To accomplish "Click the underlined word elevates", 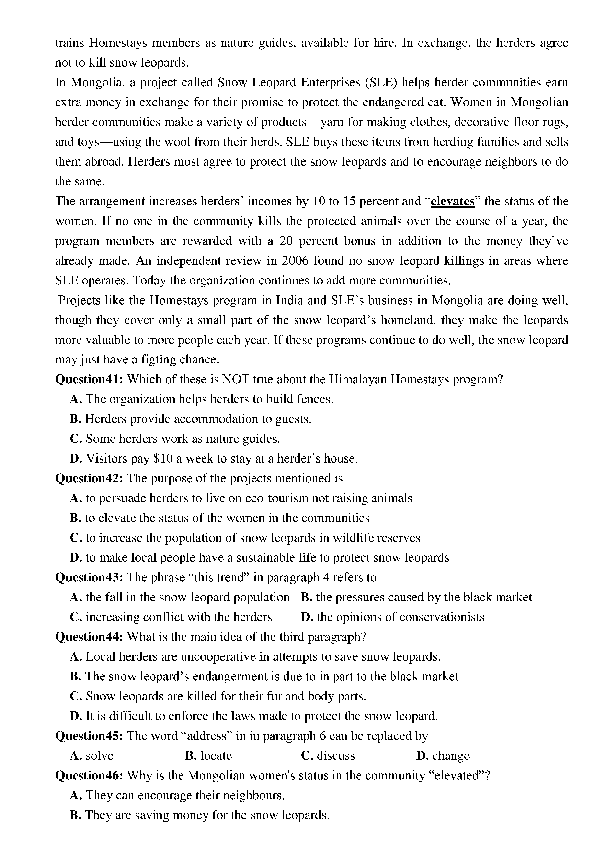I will tap(453, 202).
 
